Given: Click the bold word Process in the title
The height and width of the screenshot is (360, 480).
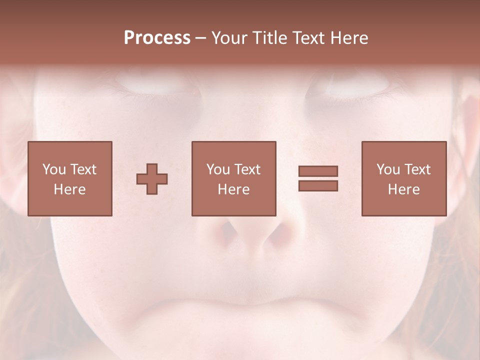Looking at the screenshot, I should pyautogui.click(x=157, y=38).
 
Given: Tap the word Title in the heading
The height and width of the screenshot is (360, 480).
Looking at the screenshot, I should pyautogui.click(x=270, y=38).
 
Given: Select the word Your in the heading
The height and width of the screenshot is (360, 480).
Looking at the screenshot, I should pyautogui.click(x=229, y=38).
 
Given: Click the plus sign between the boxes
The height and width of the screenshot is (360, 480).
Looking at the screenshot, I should pyautogui.click(x=152, y=179).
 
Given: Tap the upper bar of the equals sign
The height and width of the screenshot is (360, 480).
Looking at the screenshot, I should pyautogui.click(x=318, y=171).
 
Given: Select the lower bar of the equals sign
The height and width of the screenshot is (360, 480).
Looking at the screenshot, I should pyautogui.click(x=318, y=186).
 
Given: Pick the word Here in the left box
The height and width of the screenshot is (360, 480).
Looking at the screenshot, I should pyautogui.click(x=69, y=189).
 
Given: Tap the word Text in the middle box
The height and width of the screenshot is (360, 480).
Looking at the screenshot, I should pyautogui.click(x=247, y=169).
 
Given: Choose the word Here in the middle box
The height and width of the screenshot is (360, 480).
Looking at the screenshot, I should pyautogui.click(x=233, y=189).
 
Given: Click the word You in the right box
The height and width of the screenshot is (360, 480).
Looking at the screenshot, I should pyautogui.click(x=388, y=169).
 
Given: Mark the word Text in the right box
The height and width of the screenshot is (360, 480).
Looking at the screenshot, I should pyautogui.click(x=417, y=169).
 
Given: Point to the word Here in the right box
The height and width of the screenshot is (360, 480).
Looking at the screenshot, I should pyautogui.click(x=403, y=189).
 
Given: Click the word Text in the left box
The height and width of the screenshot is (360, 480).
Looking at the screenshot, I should pyautogui.click(x=83, y=169).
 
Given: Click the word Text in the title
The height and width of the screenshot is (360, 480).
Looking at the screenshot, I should pyautogui.click(x=307, y=38).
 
